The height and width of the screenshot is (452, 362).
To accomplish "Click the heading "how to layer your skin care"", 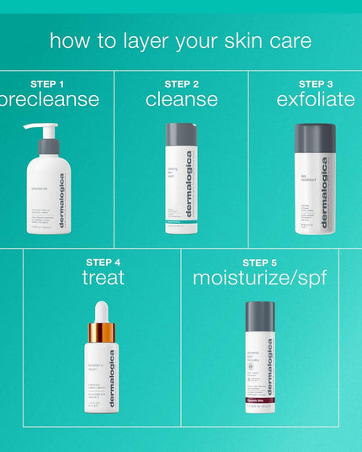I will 180,40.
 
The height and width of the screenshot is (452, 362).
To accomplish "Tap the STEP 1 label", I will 47,84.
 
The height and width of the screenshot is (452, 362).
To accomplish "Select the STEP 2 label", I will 182,84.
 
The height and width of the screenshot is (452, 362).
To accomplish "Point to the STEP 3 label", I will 316,84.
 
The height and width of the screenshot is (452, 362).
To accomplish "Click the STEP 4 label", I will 103,262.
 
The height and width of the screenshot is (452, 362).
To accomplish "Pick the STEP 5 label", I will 259,262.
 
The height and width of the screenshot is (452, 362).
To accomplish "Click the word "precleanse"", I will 51,100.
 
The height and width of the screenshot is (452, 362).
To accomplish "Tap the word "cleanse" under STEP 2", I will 182,100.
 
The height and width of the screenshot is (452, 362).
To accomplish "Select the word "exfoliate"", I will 316,100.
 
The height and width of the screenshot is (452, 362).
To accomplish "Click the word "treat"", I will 103,278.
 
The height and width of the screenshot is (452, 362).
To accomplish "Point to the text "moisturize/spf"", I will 259,278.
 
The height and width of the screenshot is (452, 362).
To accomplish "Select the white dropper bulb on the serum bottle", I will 101,311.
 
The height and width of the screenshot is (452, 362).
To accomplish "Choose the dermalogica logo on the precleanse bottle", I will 61,202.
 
